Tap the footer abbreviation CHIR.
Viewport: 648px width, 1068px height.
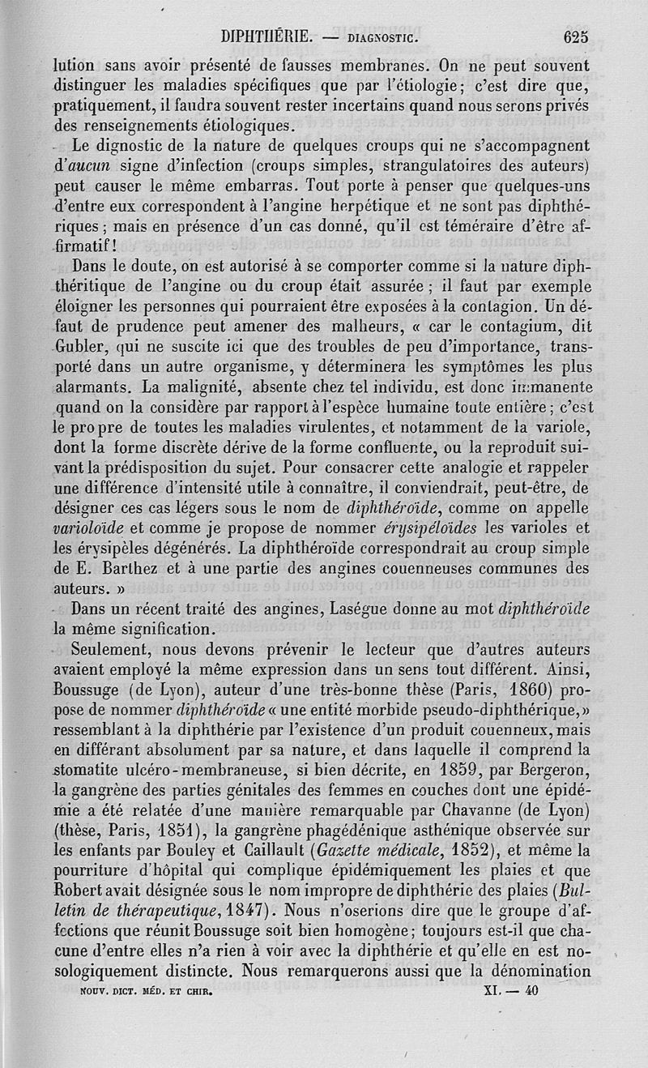197,990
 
